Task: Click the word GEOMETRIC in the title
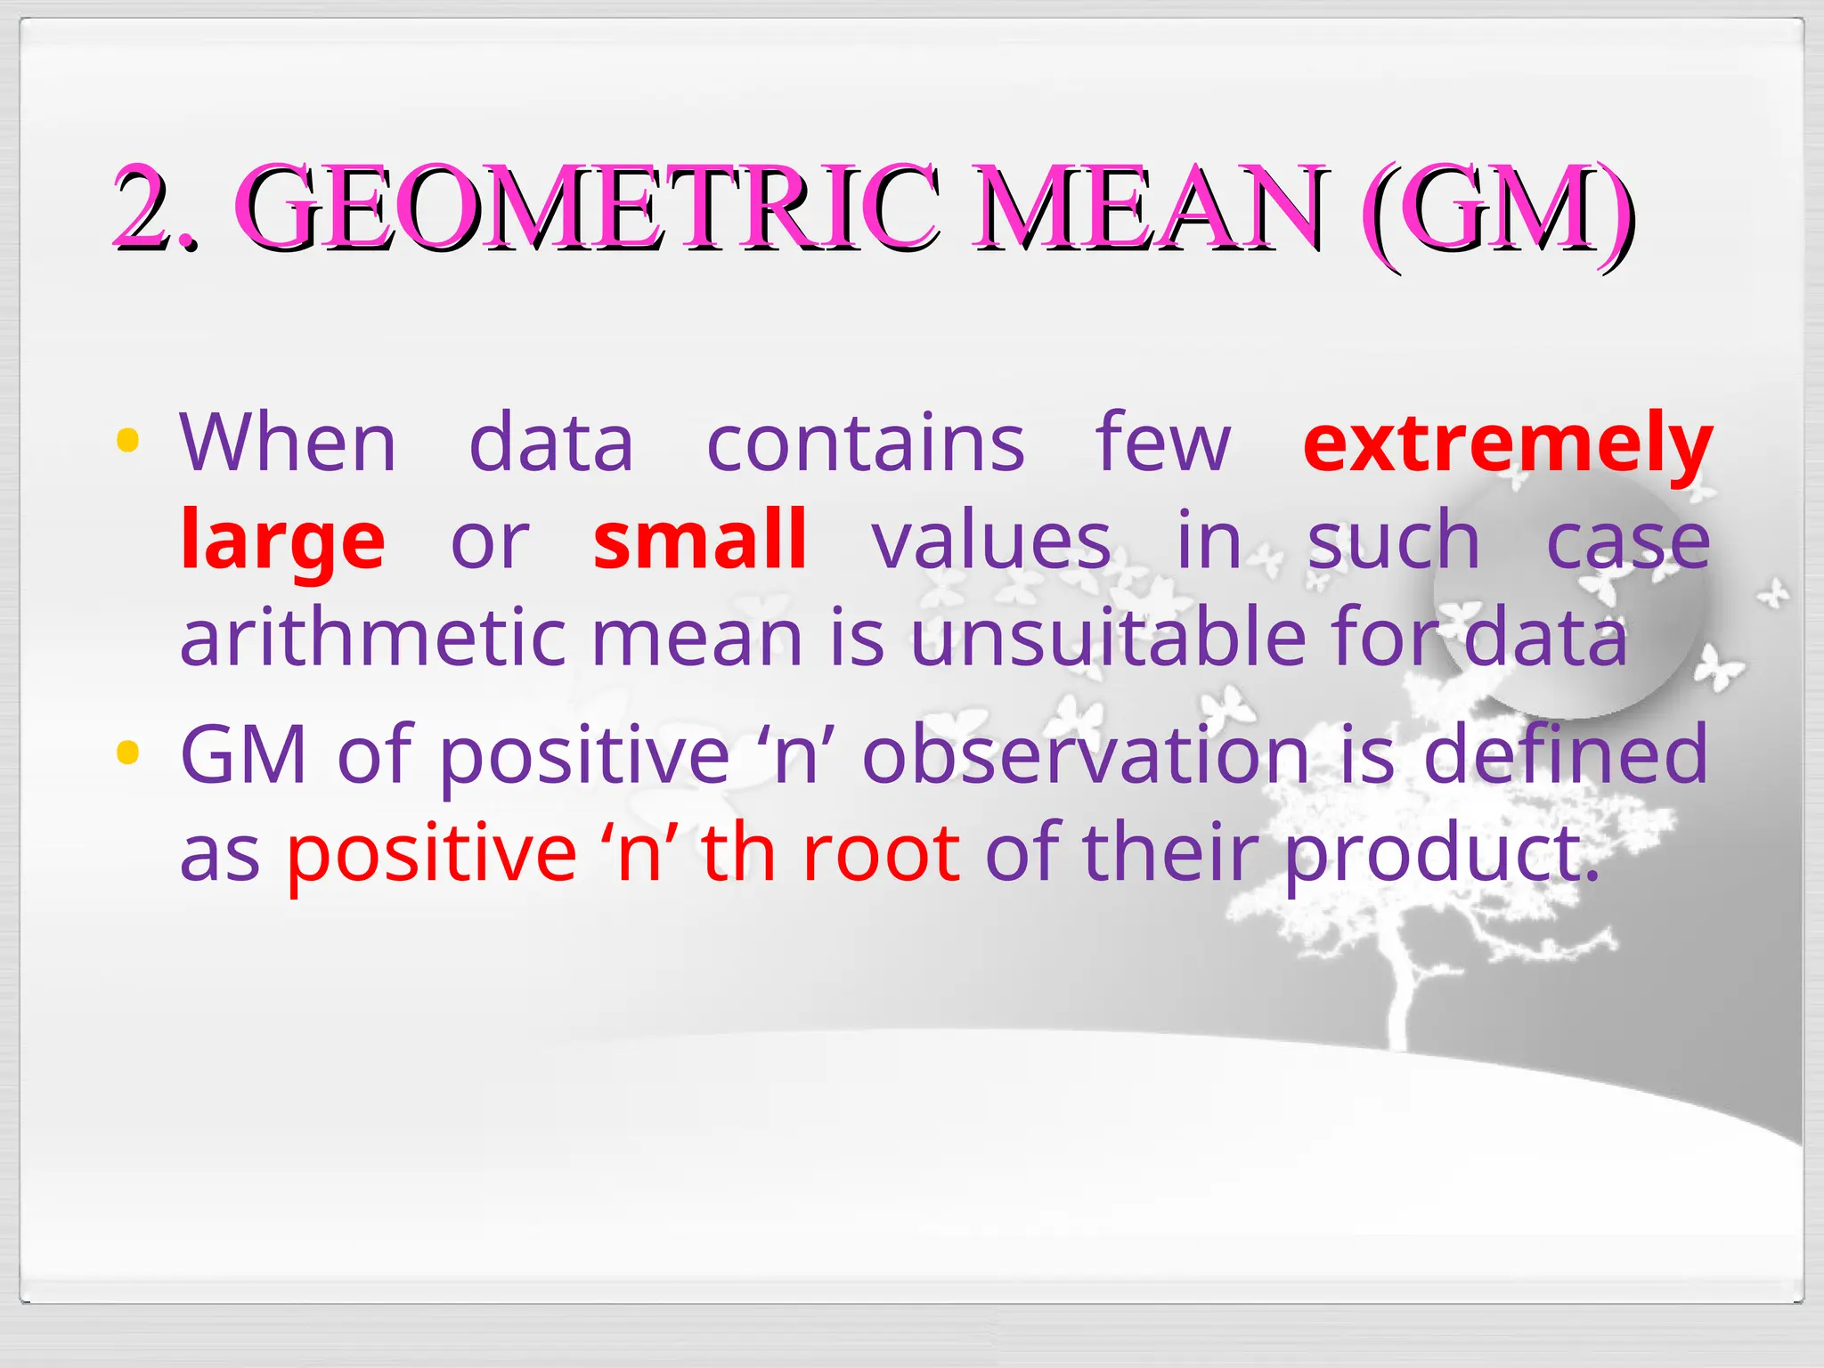588,207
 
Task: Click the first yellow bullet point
128,440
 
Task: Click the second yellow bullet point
128,753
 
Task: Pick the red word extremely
1507,443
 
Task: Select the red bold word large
282,541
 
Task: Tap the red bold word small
700,540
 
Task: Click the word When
288,443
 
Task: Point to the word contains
865,443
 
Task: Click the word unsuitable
1108,638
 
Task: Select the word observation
1086,755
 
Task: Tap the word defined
1566,755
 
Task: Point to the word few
1163,443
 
